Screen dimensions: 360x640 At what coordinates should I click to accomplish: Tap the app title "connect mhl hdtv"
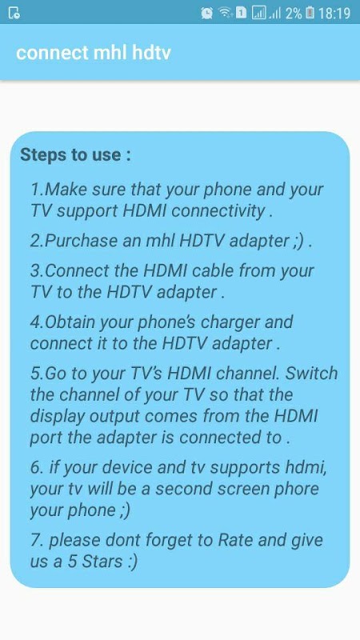(x=93, y=53)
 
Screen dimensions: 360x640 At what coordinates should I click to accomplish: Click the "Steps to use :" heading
(x=75, y=154)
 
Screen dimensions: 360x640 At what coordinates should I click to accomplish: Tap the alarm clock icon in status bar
(x=207, y=13)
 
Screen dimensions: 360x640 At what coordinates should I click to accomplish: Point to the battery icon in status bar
(x=310, y=13)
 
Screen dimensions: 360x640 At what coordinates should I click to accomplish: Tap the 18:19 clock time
(x=334, y=14)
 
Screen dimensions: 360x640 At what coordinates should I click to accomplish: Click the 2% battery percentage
(x=294, y=14)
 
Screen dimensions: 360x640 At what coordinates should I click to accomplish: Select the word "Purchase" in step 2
(x=82, y=241)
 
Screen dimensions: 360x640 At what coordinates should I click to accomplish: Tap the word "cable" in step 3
(x=213, y=270)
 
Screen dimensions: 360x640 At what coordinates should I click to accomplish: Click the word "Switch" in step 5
(x=311, y=374)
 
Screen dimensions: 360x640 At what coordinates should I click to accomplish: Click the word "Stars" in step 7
(x=102, y=562)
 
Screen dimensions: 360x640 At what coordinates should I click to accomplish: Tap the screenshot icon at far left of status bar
(x=14, y=14)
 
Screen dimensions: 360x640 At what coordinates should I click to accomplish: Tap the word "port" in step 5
(x=46, y=438)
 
